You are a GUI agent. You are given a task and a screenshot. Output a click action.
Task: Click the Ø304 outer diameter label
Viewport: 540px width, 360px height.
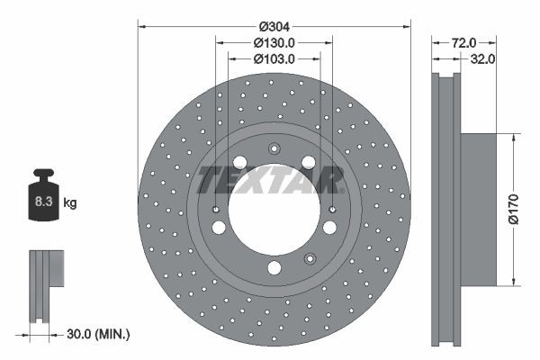coord(274,26)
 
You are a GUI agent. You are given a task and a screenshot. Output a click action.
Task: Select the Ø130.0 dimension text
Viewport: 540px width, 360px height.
coord(274,42)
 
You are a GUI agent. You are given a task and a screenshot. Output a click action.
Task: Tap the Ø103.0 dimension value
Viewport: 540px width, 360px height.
coord(274,58)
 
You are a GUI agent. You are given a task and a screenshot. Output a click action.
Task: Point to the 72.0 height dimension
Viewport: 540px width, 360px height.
coord(463,42)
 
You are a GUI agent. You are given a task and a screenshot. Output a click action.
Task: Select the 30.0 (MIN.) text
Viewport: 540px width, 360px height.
coord(99,334)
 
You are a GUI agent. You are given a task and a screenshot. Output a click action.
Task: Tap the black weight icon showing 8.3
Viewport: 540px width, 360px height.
coord(42,199)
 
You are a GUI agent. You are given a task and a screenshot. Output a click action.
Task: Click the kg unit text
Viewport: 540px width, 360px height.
coord(70,203)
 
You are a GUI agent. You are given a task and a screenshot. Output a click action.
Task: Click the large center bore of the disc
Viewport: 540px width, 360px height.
coord(274,211)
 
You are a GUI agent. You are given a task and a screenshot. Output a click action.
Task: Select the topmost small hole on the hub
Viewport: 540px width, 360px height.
coord(274,149)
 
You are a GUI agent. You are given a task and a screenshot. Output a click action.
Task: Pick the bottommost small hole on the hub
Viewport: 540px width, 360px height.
coord(274,267)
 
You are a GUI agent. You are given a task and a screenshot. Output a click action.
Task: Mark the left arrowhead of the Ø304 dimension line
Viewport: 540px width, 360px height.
coord(142,26)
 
